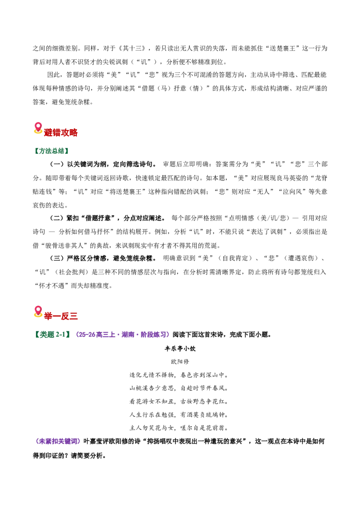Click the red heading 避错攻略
[x=61, y=133]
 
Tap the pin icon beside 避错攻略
[x=38, y=128]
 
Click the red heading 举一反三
[x=61, y=316]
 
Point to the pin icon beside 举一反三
[x=38, y=312]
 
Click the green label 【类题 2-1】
[x=52, y=335]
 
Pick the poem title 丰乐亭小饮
[x=180, y=348]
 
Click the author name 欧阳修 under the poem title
[x=180, y=362]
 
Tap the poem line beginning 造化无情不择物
[x=179, y=375]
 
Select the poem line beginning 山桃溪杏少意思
[x=179, y=388]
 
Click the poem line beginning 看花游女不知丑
[x=179, y=402]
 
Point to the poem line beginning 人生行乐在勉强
[x=179, y=415]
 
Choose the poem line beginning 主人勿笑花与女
[x=179, y=428]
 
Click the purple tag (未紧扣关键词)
[x=58, y=442]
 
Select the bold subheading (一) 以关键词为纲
[x=103, y=164]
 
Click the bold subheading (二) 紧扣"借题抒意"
[x=107, y=218]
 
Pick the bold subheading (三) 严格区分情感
[x=103, y=259]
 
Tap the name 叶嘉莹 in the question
[x=93, y=442]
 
